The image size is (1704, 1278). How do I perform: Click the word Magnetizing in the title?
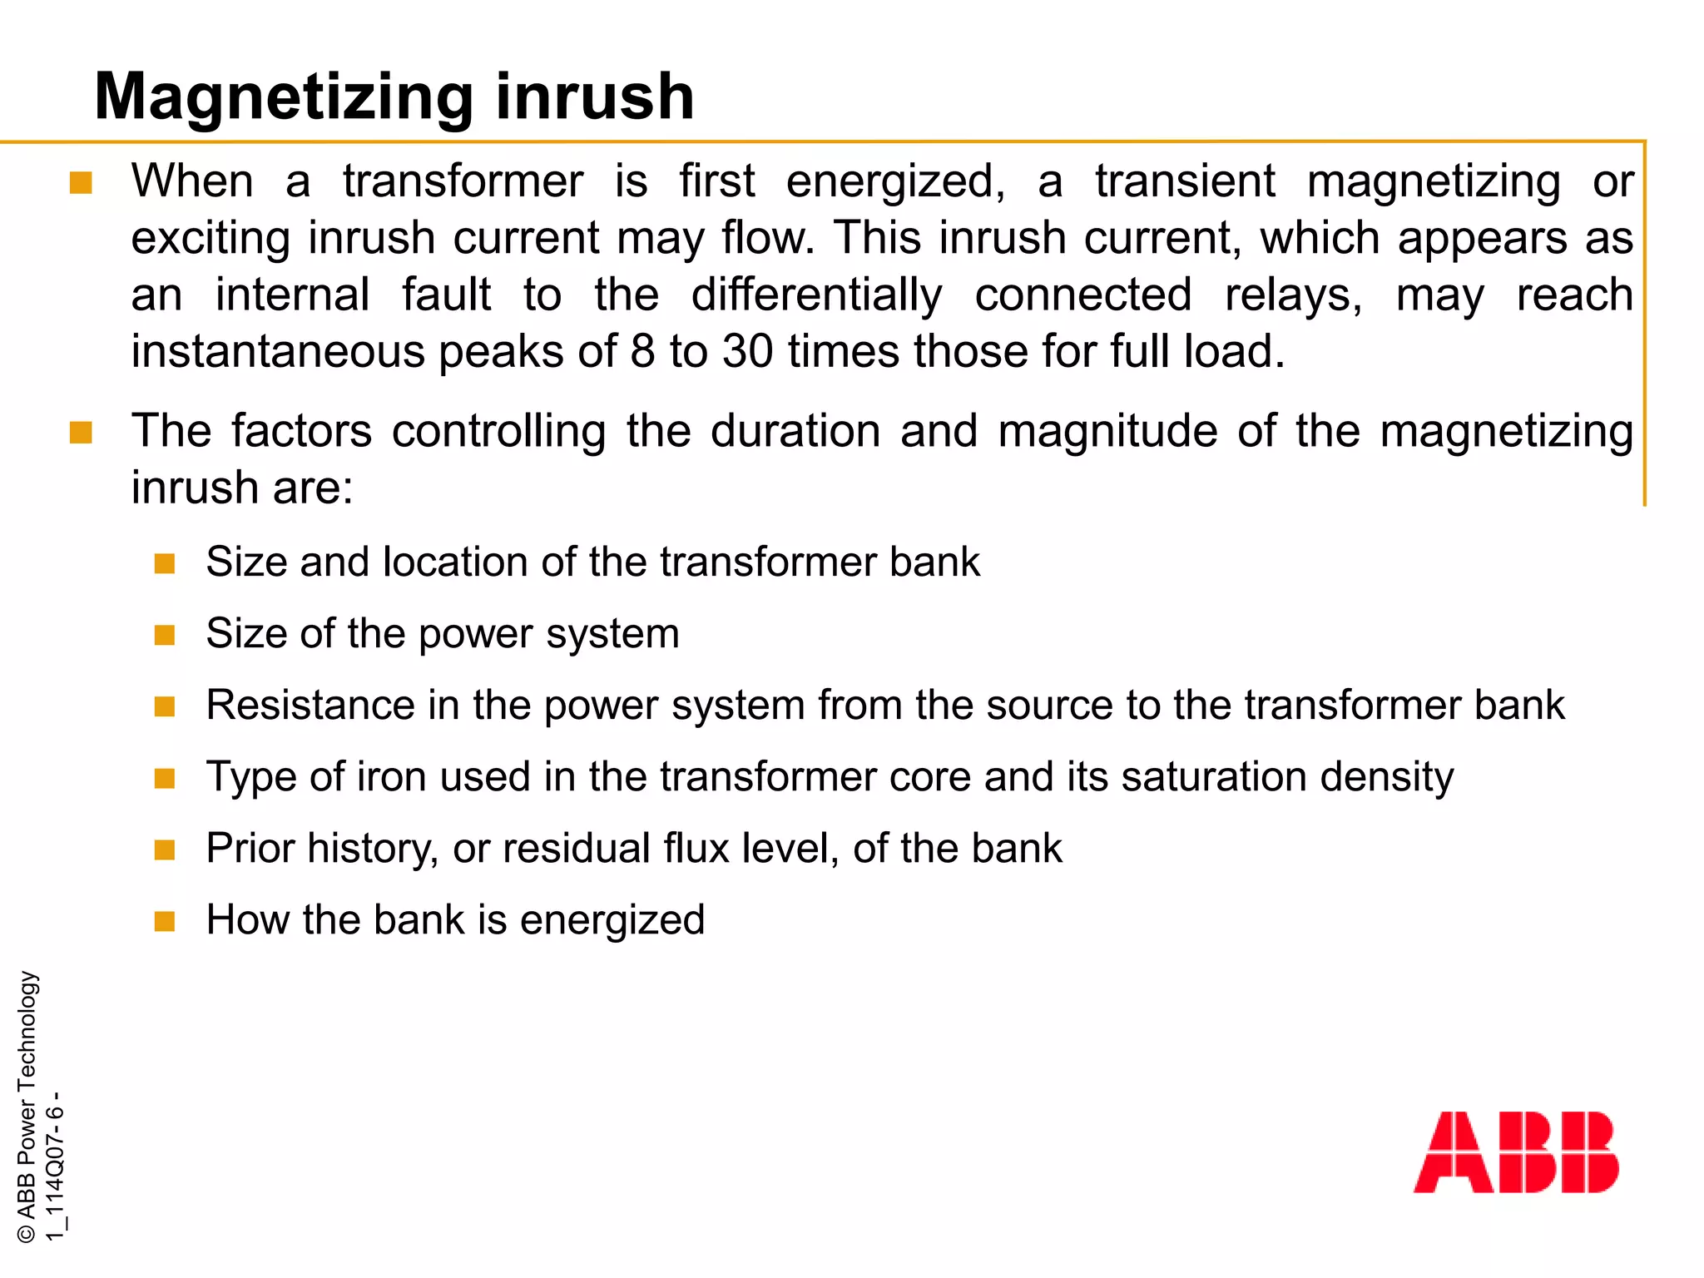coord(284,98)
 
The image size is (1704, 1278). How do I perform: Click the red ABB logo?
coord(1516,1152)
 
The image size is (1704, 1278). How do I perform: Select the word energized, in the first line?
coord(895,181)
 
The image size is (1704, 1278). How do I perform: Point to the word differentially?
coord(816,295)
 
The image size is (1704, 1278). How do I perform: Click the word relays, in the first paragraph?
coord(1293,295)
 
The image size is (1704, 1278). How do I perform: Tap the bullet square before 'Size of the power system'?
coord(165,636)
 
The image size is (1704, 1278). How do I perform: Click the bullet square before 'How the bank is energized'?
coord(165,922)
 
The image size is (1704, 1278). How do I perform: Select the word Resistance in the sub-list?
coord(310,706)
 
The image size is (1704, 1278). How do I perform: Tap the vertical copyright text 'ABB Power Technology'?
coord(27,1107)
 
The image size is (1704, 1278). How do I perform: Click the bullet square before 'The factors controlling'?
coord(81,433)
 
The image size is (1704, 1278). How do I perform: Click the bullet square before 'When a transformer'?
coord(81,183)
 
